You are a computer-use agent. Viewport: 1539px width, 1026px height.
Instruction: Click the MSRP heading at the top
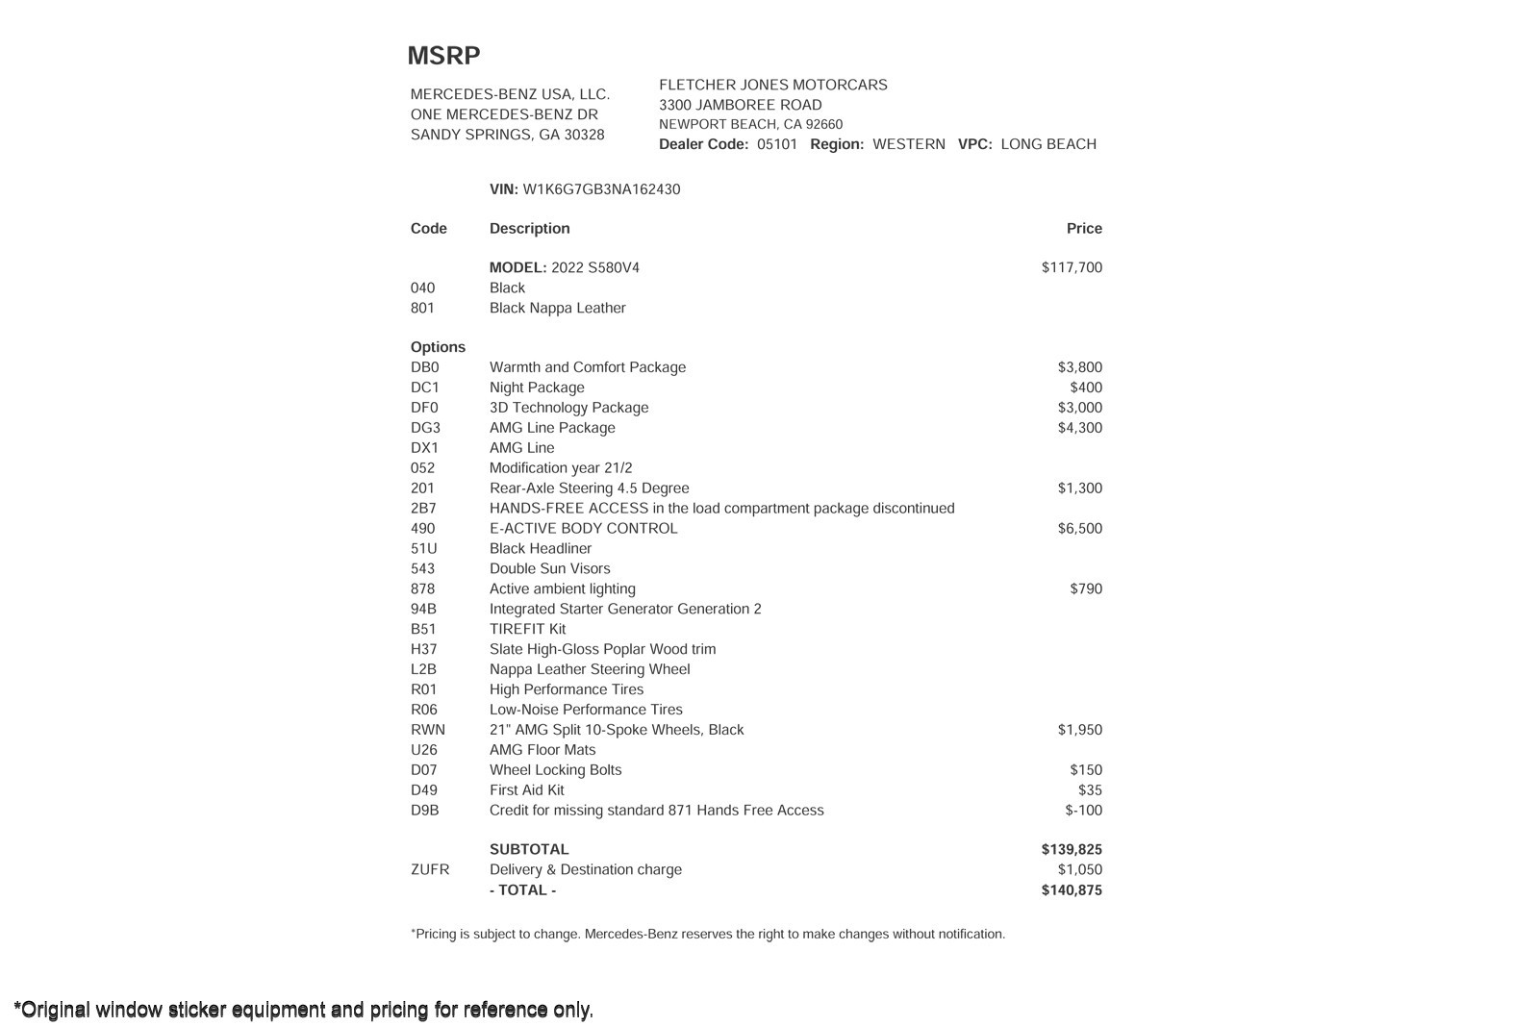click(443, 56)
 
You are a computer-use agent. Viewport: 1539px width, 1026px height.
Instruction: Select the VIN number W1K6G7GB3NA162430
click(601, 189)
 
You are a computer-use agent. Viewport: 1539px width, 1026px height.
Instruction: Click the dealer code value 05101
click(777, 144)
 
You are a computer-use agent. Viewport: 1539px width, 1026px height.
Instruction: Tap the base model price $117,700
click(1072, 267)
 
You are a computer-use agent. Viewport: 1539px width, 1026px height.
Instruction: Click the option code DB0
click(424, 367)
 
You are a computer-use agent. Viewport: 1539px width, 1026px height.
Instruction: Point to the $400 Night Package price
click(1086, 388)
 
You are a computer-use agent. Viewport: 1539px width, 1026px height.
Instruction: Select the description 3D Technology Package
click(568, 408)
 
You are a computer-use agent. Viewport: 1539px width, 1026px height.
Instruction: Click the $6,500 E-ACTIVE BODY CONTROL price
click(1079, 529)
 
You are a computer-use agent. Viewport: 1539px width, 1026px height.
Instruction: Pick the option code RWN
click(428, 730)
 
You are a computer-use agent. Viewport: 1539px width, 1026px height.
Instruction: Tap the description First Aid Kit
click(526, 790)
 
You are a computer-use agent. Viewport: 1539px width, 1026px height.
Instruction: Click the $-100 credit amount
click(1083, 811)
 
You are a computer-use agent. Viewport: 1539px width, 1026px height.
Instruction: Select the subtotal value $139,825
click(1072, 850)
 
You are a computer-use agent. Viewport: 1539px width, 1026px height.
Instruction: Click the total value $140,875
click(1072, 890)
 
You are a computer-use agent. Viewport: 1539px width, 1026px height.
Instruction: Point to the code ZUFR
click(430, 870)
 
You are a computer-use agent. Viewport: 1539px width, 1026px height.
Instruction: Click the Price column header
click(1084, 229)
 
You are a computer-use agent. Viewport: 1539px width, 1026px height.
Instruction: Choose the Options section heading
click(438, 347)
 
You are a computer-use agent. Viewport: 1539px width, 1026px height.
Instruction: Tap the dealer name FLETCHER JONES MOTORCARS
click(773, 85)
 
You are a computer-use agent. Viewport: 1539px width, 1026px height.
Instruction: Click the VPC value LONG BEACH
click(1048, 144)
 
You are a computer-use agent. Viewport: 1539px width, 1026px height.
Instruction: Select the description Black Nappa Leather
click(557, 308)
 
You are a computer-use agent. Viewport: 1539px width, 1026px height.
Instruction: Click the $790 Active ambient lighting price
click(1086, 589)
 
